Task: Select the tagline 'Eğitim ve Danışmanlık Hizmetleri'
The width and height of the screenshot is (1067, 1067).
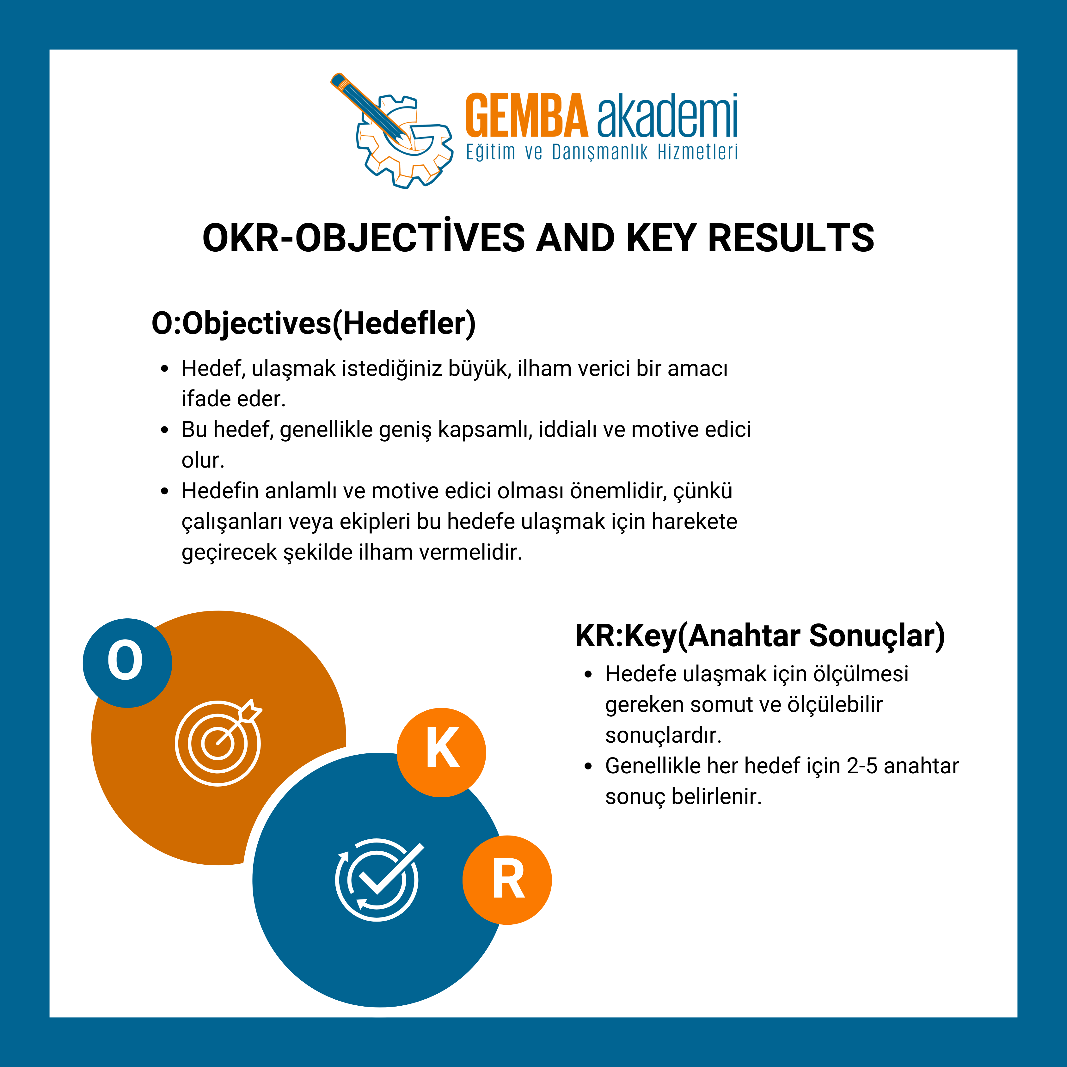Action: click(602, 152)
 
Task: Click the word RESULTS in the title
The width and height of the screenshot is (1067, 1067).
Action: click(791, 239)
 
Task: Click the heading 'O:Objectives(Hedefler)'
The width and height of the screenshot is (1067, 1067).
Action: click(314, 324)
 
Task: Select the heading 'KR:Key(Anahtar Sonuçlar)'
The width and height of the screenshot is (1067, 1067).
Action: click(760, 636)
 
